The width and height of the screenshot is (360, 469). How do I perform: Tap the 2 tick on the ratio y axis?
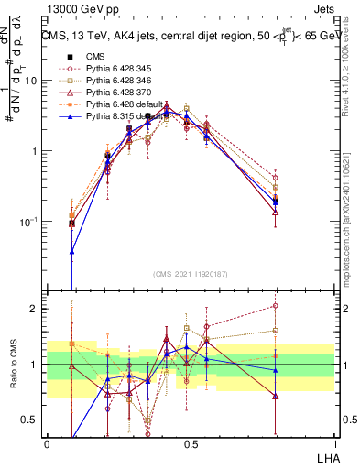coord(35,309)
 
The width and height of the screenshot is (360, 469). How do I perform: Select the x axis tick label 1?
coord(334,443)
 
